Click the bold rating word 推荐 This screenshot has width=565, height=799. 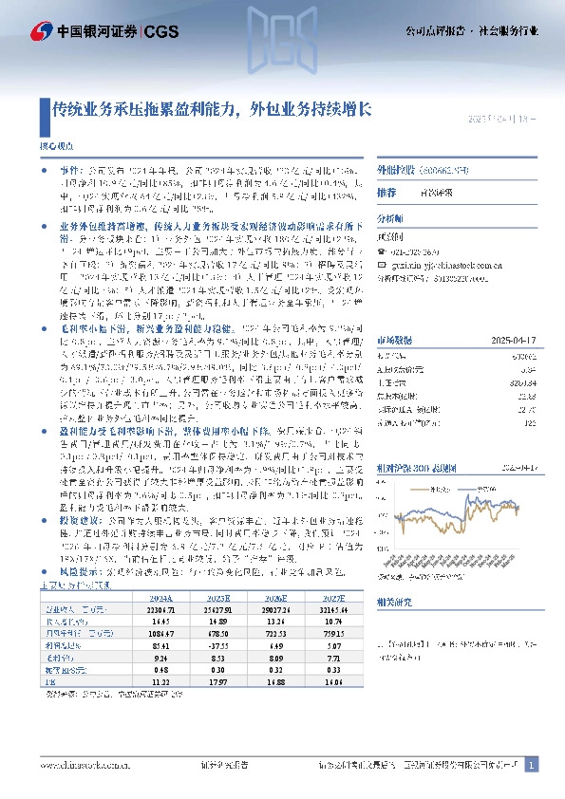[x=386, y=192]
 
